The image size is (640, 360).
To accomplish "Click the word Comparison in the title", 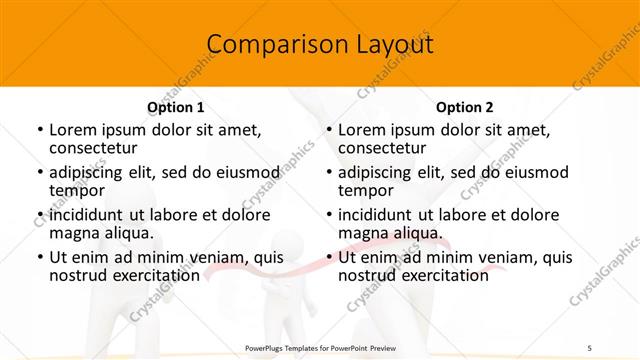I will [x=265, y=45].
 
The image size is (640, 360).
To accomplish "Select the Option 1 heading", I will [x=176, y=107].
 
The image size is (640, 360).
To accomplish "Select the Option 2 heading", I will [x=465, y=107].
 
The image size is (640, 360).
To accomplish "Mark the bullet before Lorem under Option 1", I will [x=39, y=130].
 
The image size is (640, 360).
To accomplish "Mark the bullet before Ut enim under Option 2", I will [x=328, y=258].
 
